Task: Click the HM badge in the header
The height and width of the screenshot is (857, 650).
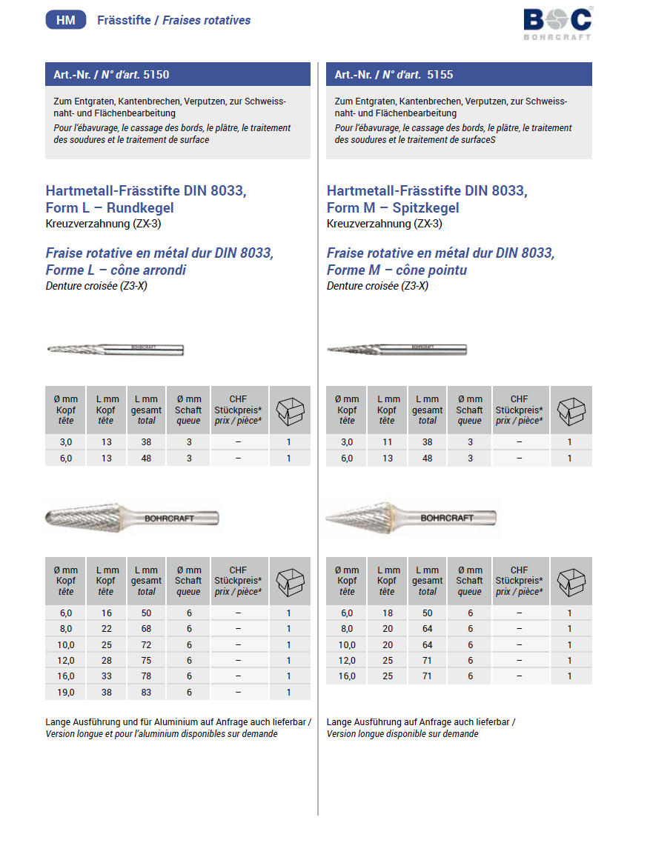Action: [x=66, y=20]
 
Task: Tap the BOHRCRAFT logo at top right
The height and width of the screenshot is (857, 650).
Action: [x=557, y=23]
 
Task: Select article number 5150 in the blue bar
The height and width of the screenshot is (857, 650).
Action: [x=156, y=74]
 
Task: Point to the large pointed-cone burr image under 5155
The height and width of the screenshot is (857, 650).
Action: [x=411, y=517]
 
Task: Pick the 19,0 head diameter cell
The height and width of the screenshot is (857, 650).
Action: [x=66, y=692]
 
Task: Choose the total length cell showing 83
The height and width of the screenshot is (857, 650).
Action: [x=147, y=692]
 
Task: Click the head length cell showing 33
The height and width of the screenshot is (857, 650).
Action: [x=106, y=676]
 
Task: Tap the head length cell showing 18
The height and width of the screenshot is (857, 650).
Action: [x=387, y=613]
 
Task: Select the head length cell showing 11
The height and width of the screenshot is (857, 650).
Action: [x=387, y=442]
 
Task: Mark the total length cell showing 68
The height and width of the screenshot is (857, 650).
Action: [x=147, y=629]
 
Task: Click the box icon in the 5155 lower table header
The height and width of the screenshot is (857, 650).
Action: [x=571, y=580]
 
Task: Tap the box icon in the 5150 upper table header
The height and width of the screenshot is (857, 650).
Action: [x=290, y=409]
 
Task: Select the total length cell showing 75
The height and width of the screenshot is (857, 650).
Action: [x=147, y=660]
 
